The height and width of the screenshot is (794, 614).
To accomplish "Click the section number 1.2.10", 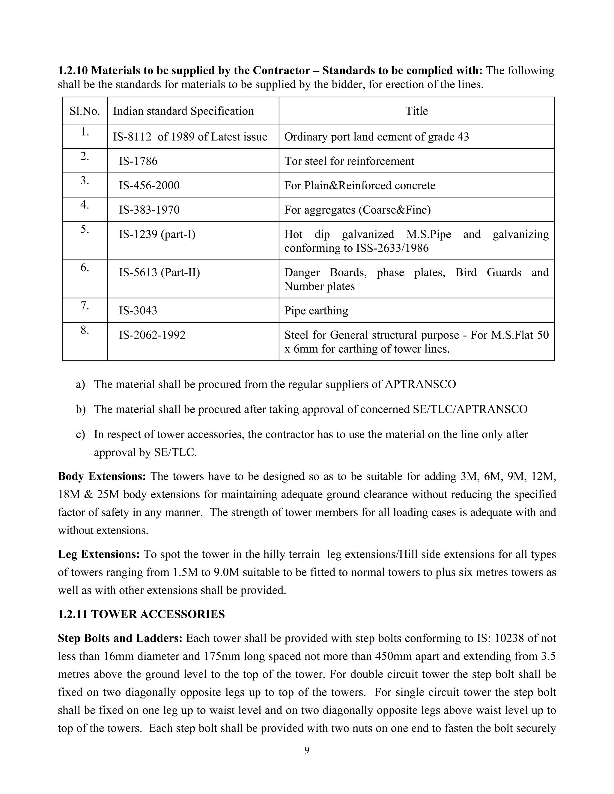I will pos(73,70).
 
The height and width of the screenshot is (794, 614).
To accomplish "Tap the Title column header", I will pos(416,111).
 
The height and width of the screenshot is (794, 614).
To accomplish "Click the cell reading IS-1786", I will pos(138,161).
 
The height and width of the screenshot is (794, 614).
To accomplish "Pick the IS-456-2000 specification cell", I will pos(149,185).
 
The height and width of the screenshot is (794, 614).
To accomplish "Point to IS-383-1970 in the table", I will pos(149,210).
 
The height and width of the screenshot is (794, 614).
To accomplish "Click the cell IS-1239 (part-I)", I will pos(157,234).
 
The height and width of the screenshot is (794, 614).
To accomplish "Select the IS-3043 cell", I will pos(138,310).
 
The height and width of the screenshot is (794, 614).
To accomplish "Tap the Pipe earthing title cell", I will pos(316,310).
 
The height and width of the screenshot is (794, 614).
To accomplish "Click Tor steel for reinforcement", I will pos(349,161).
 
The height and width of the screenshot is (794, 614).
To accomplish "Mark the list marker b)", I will pos(80,409).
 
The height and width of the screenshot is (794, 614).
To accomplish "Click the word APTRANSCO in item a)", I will pos(420,384).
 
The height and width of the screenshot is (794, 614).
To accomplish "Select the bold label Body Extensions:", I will pos(102,476).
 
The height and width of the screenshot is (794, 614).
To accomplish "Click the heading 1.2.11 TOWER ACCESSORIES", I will pos(141,615).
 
